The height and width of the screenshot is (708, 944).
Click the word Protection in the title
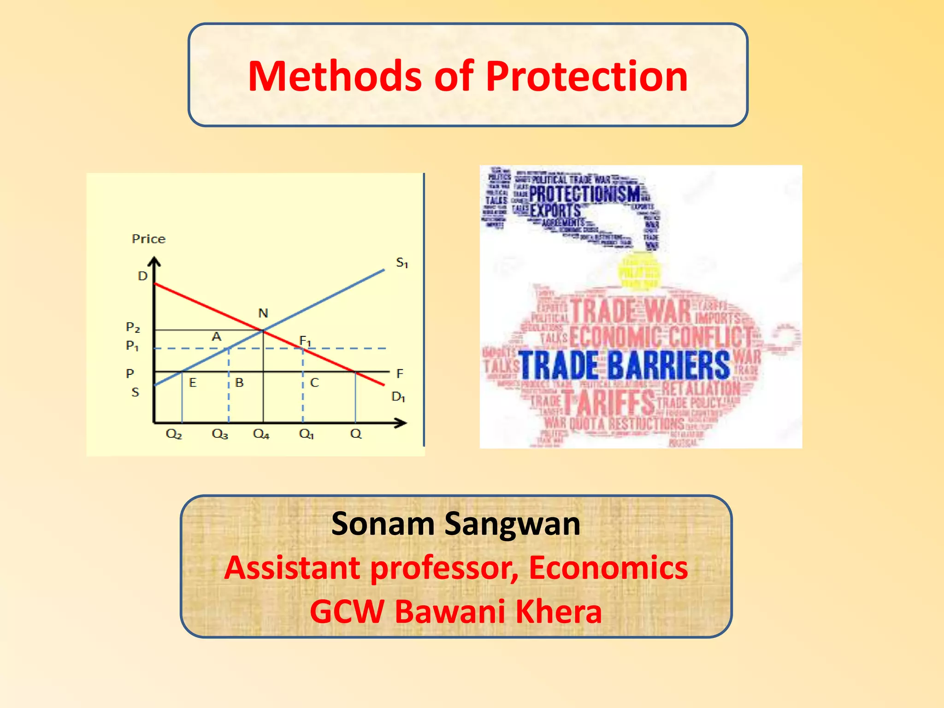586,77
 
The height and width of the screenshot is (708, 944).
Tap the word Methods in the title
335,77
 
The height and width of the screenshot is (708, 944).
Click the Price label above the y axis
148,239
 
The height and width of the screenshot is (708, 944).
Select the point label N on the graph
263,313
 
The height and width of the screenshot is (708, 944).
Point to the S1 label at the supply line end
402,263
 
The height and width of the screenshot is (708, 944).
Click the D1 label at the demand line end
398,396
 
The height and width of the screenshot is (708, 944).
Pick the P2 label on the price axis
133,327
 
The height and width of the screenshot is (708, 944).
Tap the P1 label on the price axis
132,345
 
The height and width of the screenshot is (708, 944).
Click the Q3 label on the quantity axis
220,434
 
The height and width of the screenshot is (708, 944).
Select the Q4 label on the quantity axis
261,434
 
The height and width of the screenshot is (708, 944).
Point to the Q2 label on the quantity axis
174,434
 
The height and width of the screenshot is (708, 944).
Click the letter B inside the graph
239,383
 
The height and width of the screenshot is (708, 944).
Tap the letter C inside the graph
314,383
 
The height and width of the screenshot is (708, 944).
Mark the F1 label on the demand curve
305,341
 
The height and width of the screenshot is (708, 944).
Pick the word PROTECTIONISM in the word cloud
584,194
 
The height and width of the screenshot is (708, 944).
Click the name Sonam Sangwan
455,524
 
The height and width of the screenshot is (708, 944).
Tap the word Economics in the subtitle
608,567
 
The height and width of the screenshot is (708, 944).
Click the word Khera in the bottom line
558,612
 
